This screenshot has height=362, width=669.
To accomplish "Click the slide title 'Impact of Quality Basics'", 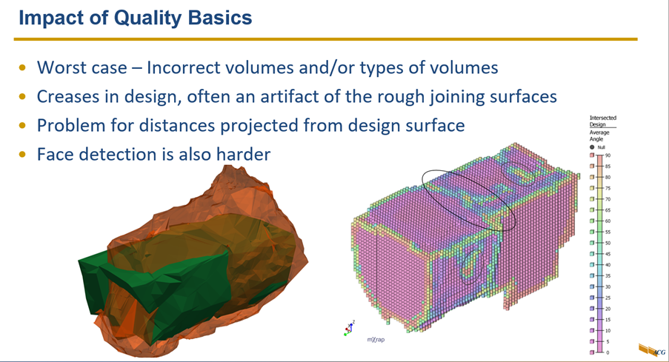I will tap(135, 18).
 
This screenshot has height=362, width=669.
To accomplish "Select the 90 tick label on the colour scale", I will tap(608, 155).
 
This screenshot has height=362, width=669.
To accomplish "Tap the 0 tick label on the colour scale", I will tap(608, 352).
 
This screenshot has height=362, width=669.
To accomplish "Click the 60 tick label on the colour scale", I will tap(608, 221).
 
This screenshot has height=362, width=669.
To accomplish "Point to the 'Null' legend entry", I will tap(601, 147).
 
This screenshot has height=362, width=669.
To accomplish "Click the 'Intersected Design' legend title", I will tap(602, 121).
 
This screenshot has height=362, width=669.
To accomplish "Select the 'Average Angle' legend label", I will tap(599, 135).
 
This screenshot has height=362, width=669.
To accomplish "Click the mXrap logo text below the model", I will tap(376, 340).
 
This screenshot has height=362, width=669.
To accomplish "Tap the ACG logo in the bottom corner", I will tap(651, 349).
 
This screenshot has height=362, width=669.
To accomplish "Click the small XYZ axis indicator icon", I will tap(348, 328).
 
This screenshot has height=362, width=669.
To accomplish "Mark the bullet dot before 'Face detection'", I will tap(23, 155).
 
